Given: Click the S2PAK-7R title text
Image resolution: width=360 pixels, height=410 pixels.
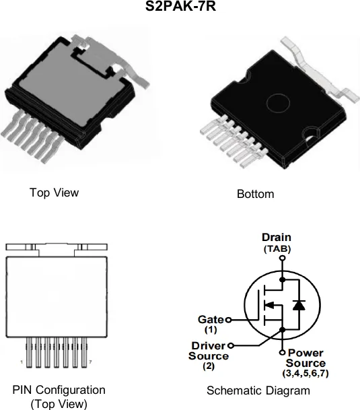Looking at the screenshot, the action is (180, 6).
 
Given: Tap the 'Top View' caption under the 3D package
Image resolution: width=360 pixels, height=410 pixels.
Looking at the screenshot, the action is (54, 193).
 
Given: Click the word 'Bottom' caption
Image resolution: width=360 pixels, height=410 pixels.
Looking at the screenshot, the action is (256, 194).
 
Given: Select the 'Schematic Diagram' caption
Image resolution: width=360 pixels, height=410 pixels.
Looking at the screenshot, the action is (258, 390).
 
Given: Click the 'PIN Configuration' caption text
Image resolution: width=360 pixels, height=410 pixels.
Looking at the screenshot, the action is (59, 390).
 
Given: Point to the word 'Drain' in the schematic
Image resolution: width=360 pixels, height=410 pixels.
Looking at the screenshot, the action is (277, 237).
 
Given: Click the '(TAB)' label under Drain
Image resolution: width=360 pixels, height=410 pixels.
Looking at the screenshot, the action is (277, 248).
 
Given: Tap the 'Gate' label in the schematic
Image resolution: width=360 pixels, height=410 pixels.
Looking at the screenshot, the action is (211, 319).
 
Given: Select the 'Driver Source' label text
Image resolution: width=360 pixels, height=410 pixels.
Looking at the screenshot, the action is (209, 351).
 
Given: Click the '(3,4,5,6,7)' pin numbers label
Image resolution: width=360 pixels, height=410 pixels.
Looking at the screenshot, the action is (305, 373).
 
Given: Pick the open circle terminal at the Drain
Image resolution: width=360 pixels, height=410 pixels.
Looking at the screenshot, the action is (283, 258).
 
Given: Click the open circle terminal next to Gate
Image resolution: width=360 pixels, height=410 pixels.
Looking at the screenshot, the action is (229, 320).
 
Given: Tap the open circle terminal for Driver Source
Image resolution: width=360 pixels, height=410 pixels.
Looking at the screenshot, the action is (231, 345).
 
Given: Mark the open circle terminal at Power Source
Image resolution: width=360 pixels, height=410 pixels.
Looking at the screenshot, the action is (283, 352).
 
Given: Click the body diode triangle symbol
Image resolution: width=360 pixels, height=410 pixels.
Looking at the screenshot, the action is (299, 305).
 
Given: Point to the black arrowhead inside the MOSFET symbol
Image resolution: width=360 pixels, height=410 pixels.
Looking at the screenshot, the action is (269, 305).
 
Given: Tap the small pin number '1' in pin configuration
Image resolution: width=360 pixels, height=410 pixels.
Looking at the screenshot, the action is (22, 362).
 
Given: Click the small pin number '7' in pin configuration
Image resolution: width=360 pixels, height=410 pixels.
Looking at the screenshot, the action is (90, 362).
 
